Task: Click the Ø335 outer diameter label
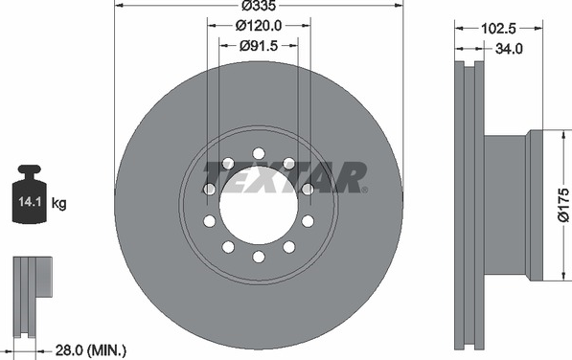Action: (x=259, y=5)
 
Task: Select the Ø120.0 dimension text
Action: (x=259, y=26)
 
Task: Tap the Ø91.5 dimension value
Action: (x=259, y=46)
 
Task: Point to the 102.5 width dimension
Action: (x=498, y=29)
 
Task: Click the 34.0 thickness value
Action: (x=509, y=49)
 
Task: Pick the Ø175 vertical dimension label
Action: (x=563, y=205)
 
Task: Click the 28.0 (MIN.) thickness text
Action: (x=91, y=350)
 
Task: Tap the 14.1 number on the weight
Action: (x=30, y=201)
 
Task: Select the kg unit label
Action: (x=58, y=203)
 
